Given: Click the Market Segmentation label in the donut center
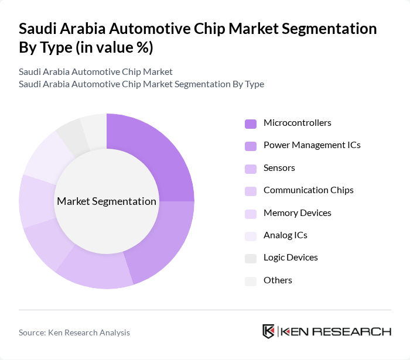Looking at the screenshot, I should [x=107, y=201].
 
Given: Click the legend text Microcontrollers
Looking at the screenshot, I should [x=297, y=123].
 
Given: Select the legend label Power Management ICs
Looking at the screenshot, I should [x=312, y=145].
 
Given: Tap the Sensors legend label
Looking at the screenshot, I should [x=279, y=168].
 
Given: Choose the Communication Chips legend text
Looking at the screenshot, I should [x=308, y=190].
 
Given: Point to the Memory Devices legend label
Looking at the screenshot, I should [x=297, y=213].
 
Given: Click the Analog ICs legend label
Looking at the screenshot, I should [x=285, y=235].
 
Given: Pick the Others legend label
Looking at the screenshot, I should [x=278, y=280].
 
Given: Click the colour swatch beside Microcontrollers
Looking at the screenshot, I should [x=251, y=124].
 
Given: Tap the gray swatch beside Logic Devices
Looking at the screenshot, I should [x=251, y=258].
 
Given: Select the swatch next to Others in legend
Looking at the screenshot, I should [x=251, y=281].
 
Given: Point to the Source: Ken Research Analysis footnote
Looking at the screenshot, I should [x=74, y=332].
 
